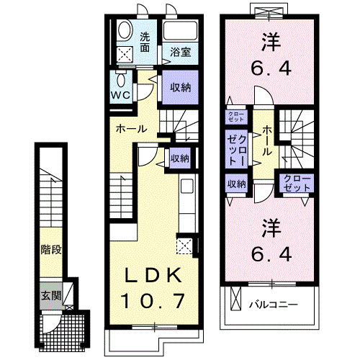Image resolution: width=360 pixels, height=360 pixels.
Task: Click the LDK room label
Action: pyautogui.click(x=153, y=276)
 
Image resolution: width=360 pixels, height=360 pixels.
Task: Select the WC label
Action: pyautogui.click(x=120, y=94)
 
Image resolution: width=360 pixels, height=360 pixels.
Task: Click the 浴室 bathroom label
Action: pyautogui.click(x=180, y=52)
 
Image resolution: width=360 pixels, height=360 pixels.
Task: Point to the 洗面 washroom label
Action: pyautogui.click(x=145, y=42)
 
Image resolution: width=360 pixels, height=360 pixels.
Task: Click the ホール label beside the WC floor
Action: pyautogui.click(x=132, y=130)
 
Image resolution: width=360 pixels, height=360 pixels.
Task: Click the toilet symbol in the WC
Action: pyautogui.click(x=120, y=78)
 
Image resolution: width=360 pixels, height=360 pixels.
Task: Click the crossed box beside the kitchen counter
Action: pyautogui.click(x=184, y=247)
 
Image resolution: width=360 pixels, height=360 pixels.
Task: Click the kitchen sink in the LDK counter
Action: pyautogui.click(x=186, y=188)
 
